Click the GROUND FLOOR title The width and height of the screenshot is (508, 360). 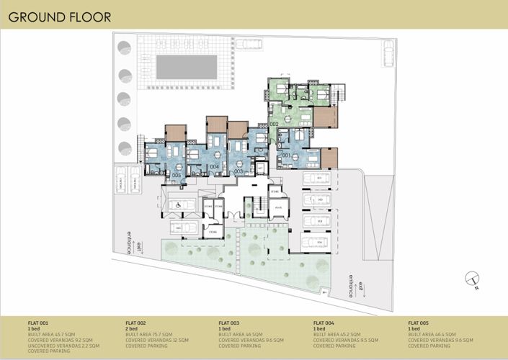61,17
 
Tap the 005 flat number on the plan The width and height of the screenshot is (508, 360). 177,175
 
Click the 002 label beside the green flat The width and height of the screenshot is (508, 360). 274,125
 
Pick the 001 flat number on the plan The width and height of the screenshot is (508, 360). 285,156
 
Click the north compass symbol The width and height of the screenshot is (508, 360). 472,277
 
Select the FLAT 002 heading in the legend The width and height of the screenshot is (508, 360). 135,323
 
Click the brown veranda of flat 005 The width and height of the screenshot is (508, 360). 175,133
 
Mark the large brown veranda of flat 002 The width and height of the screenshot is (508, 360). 326,117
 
